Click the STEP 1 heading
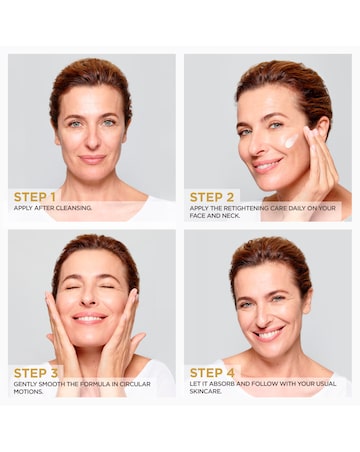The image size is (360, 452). point(34,197)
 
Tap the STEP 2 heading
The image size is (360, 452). point(212,197)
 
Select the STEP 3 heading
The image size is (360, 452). point(36,373)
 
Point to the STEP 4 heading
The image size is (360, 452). point(212,373)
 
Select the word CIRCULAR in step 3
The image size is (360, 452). point(135,384)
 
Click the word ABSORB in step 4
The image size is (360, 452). point(222,384)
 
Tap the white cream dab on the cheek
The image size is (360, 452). point(291,141)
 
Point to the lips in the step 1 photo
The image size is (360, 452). point(93,159)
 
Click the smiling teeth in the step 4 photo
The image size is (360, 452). point(269,333)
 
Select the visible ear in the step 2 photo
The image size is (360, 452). point(322,126)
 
